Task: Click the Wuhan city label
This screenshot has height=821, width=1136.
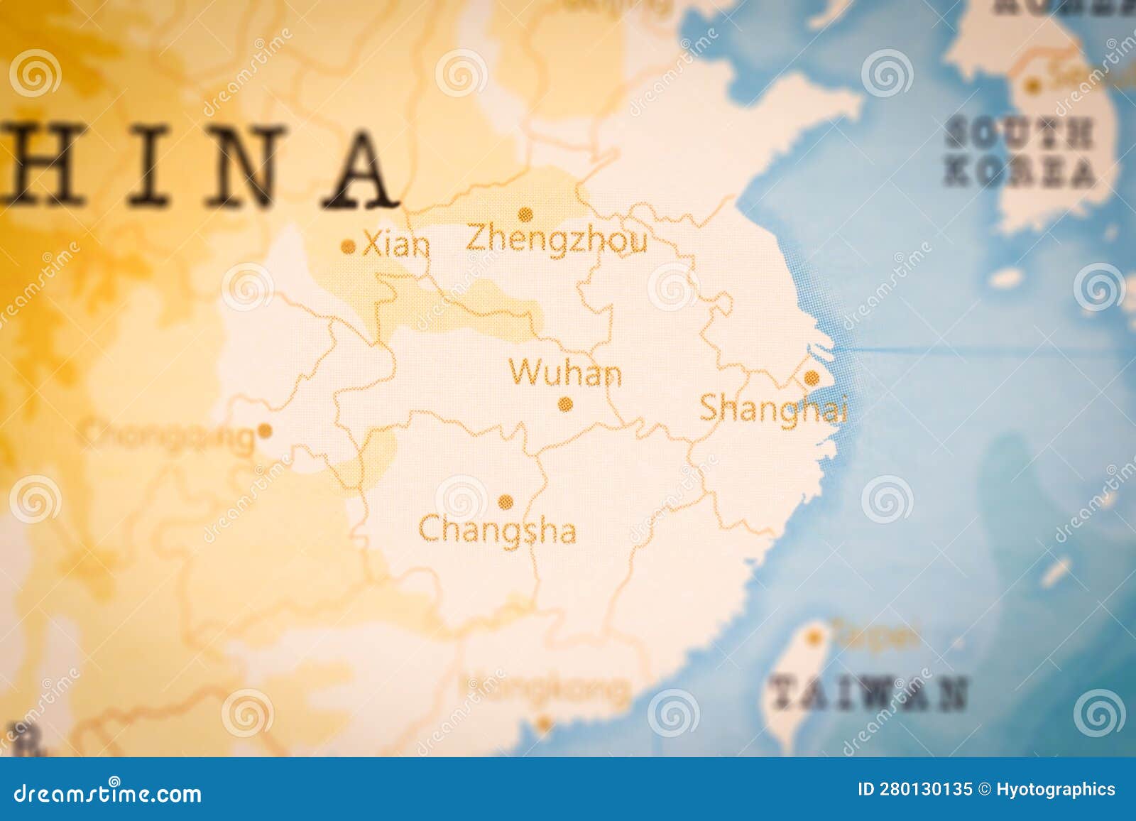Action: pyautogui.click(x=565, y=373)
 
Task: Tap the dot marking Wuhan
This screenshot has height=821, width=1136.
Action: pyautogui.click(x=565, y=405)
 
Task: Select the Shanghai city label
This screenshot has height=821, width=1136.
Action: pyautogui.click(x=773, y=409)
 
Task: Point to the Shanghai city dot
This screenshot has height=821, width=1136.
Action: pyautogui.click(x=811, y=379)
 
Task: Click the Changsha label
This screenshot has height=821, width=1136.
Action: pyautogui.click(x=497, y=531)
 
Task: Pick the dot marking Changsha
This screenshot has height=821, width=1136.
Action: pyautogui.click(x=506, y=502)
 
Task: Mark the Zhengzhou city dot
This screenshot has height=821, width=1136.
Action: pyautogui.click(x=525, y=213)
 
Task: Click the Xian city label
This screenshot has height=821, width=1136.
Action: pyautogui.click(x=396, y=246)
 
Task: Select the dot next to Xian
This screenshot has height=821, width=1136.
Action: pyautogui.click(x=348, y=247)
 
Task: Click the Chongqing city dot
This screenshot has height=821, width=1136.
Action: pyautogui.click(x=265, y=430)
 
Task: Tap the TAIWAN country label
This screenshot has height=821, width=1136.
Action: pyautogui.click(x=868, y=693)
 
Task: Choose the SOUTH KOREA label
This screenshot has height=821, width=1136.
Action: pyautogui.click(x=1020, y=153)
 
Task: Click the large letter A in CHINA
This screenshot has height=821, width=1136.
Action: pyautogui.click(x=361, y=169)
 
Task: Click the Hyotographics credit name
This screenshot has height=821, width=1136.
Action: pyautogui.click(x=1055, y=789)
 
